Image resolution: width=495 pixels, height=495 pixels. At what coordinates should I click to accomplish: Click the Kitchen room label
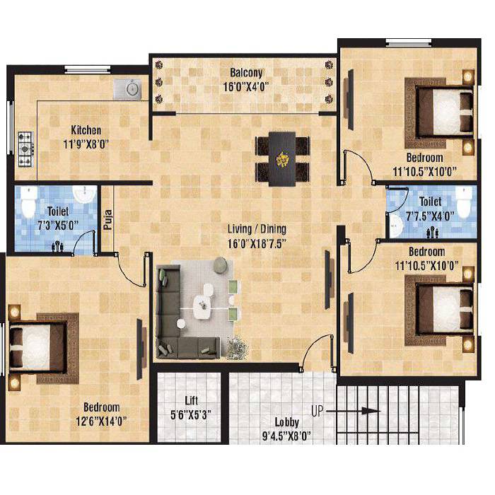tap(86, 130)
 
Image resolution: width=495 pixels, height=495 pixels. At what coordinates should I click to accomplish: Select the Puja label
tap(108, 220)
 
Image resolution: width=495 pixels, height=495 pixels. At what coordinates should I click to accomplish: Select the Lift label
tap(192, 399)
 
